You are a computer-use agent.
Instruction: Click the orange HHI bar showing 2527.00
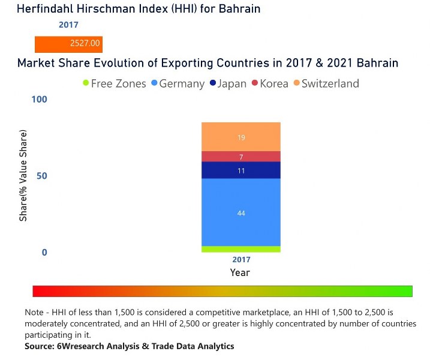tap(68, 44)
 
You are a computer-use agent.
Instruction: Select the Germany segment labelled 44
tap(240, 212)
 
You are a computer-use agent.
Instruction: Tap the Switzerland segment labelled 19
tap(240, 137)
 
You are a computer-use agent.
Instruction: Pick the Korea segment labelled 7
tap(240, 157)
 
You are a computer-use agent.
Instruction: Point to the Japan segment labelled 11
tap(240, 170)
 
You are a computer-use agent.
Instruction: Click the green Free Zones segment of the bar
tap(240, 249)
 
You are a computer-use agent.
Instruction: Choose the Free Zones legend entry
tap(114, 83)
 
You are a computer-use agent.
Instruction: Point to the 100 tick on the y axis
tap(38, 99)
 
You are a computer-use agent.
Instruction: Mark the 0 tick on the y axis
tap(44, 253)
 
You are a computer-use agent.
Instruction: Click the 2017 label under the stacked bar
tap(241, 260)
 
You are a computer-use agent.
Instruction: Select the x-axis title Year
tap(240, 272)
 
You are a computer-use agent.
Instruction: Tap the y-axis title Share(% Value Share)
tap(23, 175)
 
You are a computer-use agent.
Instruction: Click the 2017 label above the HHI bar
tap(68, 25)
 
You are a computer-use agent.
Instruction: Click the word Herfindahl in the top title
tap(48, 9)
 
